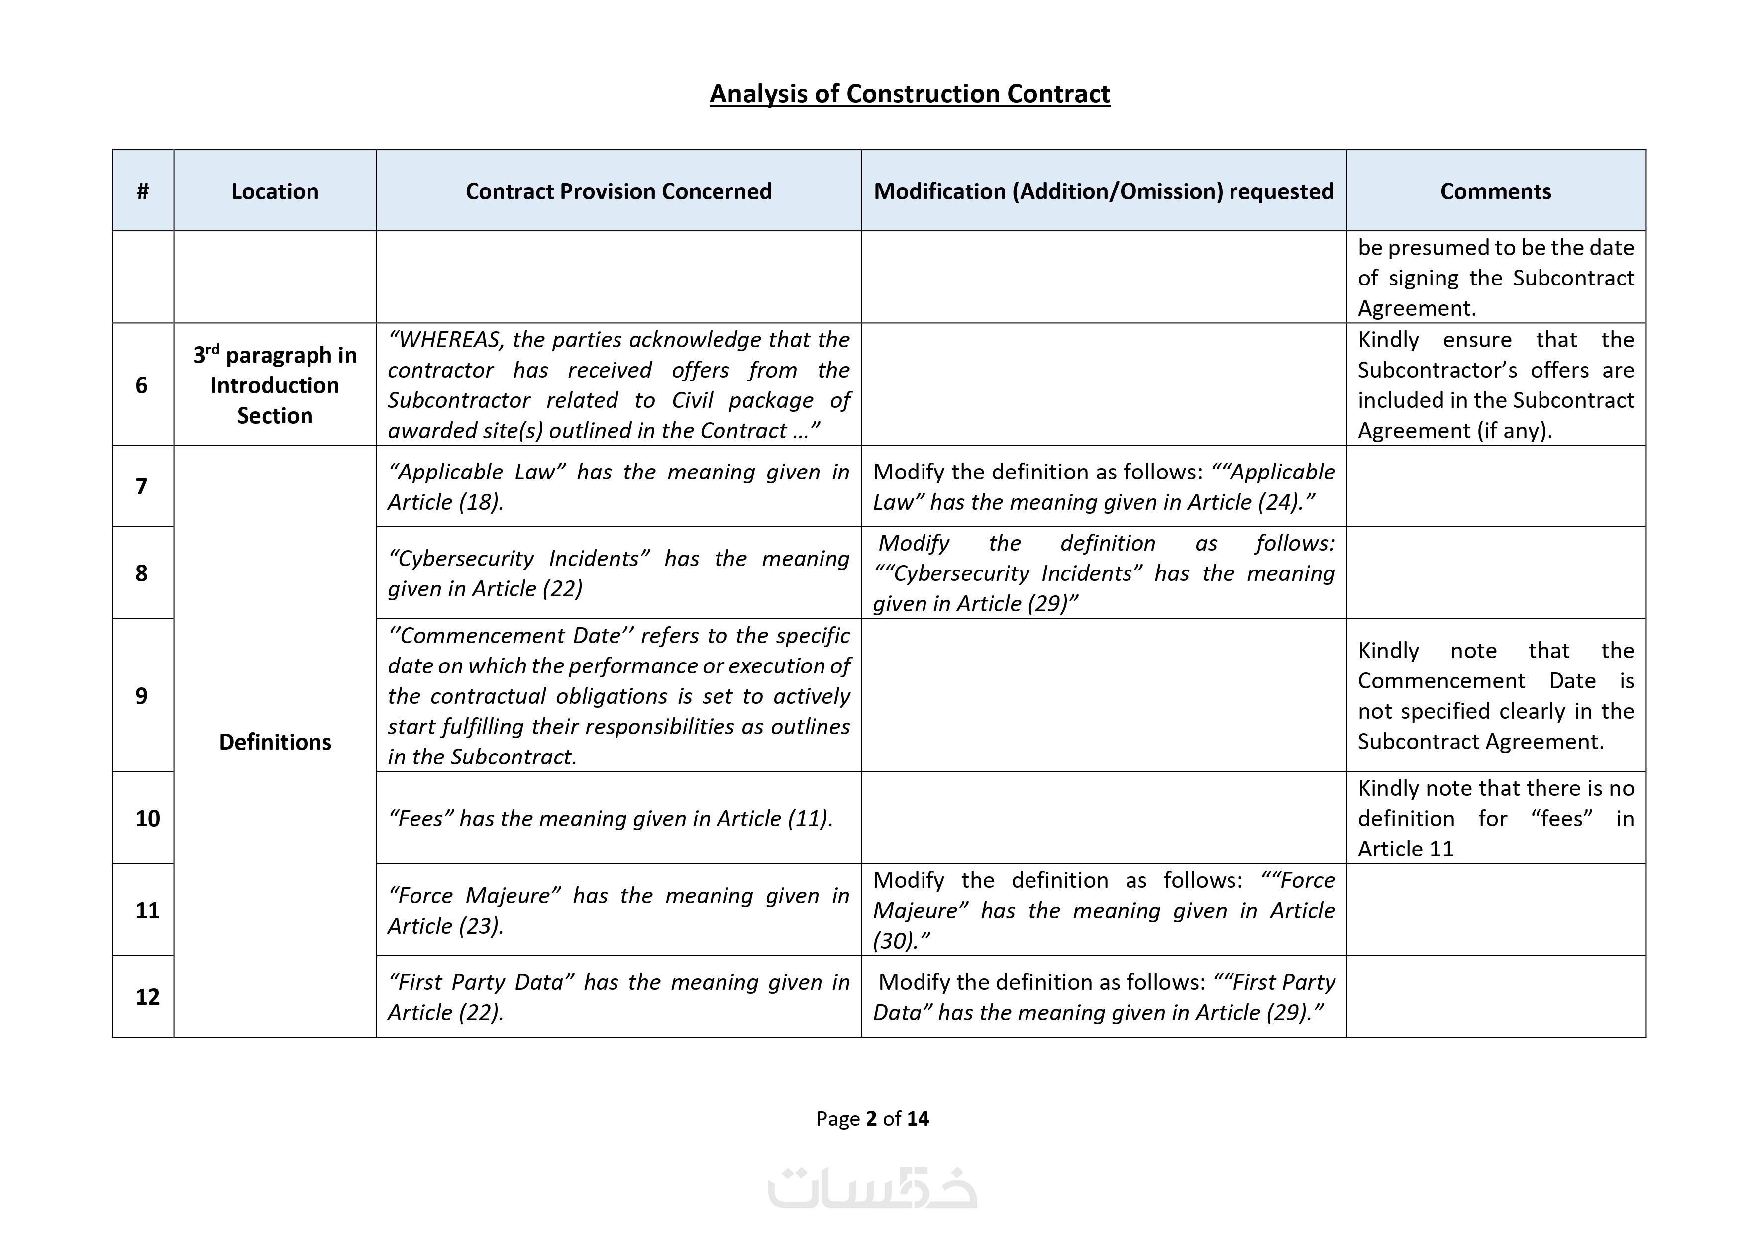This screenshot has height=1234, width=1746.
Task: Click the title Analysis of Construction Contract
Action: tap(910, 94)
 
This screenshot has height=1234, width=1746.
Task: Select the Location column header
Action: tap(275, 191)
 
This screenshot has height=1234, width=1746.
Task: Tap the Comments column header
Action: tap(1495, 191)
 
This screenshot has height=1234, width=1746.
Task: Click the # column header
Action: tap(142, 191)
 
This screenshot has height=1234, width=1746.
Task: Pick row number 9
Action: tap(141, 696)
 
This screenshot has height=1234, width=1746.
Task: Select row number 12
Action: tap(147, 997)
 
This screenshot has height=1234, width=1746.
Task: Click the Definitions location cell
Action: tap(275, 741)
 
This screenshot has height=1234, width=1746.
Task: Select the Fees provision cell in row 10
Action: tap(611, 819)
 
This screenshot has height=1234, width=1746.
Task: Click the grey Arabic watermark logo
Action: tap(872, 1188)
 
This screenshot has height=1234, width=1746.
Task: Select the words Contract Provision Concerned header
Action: tap(618, 191)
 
